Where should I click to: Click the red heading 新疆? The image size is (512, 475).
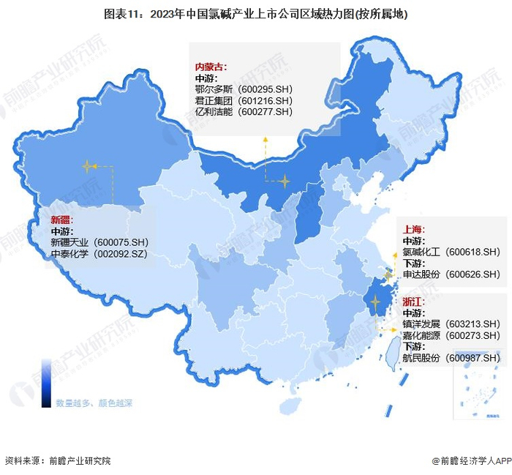click(61, 220)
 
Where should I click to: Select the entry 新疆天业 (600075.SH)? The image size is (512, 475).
click(99, 242)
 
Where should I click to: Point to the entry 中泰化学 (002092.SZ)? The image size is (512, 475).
click(99, 254)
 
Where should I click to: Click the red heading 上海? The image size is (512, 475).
click(414, 229)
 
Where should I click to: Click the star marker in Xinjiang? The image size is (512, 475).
click(88, 166)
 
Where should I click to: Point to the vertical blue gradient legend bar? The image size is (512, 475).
click(46, 383)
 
